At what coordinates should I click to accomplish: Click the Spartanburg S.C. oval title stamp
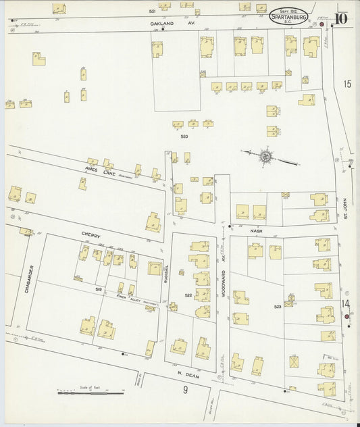(x=288, y=16)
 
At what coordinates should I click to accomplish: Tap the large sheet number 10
(x=340, y=18)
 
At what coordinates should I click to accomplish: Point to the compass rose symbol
(x=265, y=157)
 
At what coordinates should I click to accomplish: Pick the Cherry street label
(x=91, y=235)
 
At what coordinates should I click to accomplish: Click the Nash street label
(x=256, y=231)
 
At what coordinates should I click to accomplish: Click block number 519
(x=99, y=288)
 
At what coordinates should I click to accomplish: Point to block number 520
(x=184, y=136)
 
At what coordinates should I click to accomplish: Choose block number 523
(x=277, y=307)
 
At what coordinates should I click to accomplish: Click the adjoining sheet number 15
(x=347, y=84)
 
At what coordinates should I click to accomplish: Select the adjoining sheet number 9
(x=183, y=391)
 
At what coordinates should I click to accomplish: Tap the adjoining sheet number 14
(x=346, y=304)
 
